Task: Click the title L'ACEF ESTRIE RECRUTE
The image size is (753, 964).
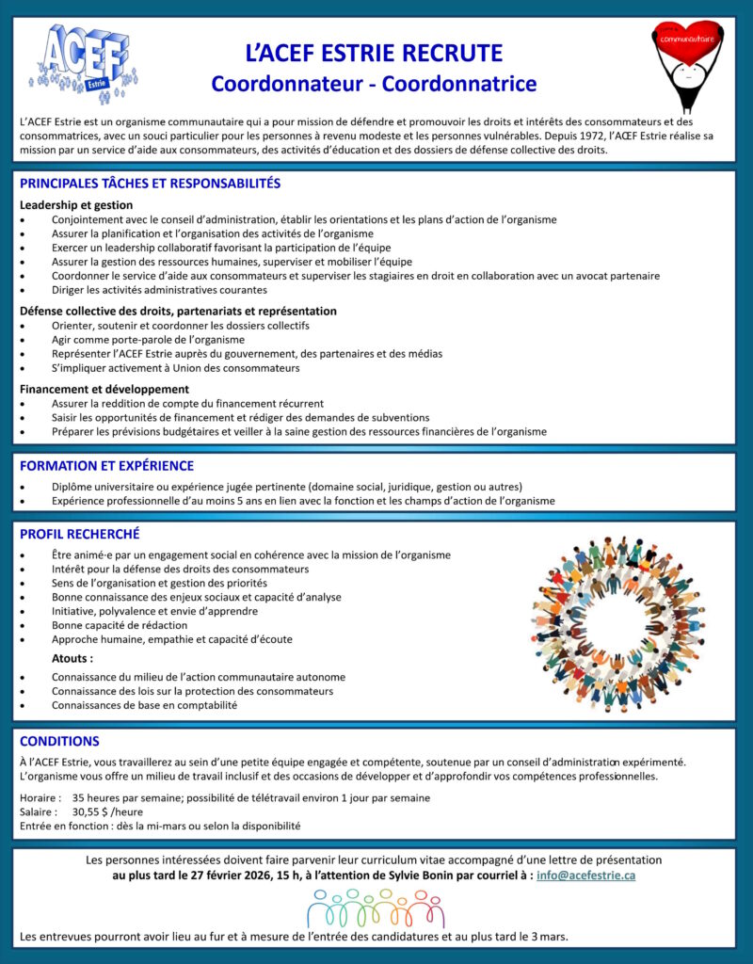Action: (x=374, y=53)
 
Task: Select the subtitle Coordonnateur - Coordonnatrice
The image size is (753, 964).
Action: (x=374, y=84)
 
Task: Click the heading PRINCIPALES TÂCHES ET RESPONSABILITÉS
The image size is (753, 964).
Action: (x=150, y=184)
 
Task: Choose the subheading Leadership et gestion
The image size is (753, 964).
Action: (x=76, y=204)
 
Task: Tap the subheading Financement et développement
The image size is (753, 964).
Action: (x=104, y=389)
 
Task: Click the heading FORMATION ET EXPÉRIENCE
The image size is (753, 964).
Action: (x=106, y=466)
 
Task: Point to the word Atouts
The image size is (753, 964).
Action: (x=72, y=658)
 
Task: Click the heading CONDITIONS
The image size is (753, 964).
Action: (x=59, y=741)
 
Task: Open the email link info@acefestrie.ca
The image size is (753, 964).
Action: (x=585, y=876)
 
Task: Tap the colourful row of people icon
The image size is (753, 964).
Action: (x=376, y=908)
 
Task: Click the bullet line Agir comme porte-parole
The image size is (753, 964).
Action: (x=135, y=339)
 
